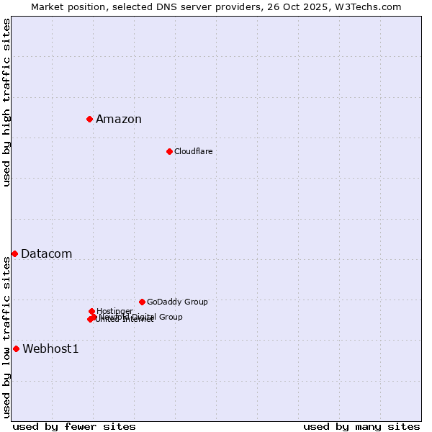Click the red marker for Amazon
[89, 119]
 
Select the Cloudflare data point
[169, 151]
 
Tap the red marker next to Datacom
[14, 253]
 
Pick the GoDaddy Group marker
[142, 302]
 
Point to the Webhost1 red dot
[16, 348]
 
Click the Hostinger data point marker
[91, 311]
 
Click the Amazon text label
[119, 120]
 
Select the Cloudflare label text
[193, 151]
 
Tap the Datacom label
[46, 254]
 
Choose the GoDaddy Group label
[177, 302]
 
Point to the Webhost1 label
[50, 349]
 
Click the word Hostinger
[114, 311]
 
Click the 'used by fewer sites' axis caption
[74, 427]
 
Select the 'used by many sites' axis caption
[361, 427]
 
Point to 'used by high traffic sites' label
[6, 103]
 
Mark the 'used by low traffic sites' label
[6, 337]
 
